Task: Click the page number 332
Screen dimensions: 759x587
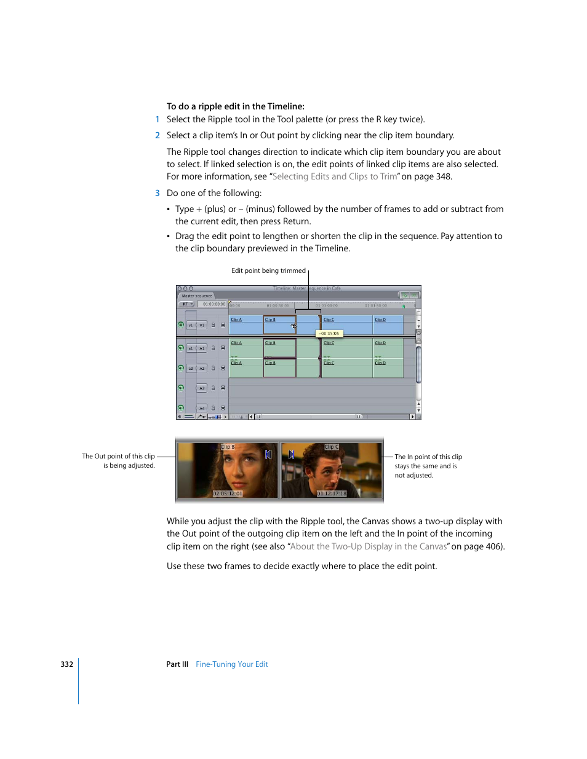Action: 66,664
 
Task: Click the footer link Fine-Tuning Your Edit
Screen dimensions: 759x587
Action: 231,664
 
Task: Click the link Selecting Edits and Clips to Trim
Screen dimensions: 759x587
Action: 335,177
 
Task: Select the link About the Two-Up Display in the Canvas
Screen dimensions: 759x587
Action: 368,546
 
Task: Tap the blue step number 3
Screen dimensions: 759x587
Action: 158,193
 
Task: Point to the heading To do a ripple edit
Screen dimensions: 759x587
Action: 235,106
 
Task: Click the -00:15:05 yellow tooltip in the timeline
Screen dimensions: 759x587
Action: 329,334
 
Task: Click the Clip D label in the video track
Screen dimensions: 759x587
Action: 380,320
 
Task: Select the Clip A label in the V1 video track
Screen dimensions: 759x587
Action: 236,320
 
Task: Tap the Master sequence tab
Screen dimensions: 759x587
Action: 196,296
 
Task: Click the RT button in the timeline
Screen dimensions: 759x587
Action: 186,304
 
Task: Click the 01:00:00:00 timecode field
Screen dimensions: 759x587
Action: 214,304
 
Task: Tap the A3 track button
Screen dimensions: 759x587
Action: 202,388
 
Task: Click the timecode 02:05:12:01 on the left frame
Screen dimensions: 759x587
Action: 228,494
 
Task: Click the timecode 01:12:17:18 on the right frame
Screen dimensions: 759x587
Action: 332,494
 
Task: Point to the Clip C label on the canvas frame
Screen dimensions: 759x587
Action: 332,447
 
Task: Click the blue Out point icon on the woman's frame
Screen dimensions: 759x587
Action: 268,455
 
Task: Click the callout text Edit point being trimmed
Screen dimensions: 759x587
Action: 268,270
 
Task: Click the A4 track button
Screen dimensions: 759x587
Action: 202,408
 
